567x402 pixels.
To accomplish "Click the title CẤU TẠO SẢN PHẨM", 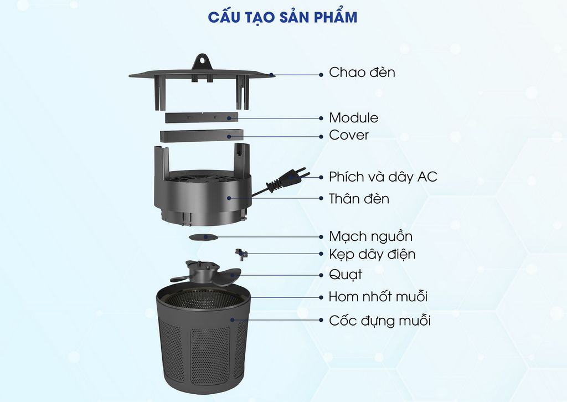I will click(x=283, y=17).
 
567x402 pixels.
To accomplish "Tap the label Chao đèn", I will click(x=362, y=73).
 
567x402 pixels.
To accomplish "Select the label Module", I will click(x=354, y=118).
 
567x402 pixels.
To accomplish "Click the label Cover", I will click(x=349, y=135).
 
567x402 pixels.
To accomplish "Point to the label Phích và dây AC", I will click(x=383, y=177).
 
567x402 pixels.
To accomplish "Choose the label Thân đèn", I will click(x=359, y=199).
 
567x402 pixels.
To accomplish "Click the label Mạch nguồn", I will click(x=370, y=236).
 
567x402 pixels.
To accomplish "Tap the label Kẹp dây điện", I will click(x=372, y=255).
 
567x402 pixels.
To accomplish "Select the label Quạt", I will click(x=346, y=275).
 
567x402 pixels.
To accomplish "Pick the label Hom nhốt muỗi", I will click(x=378, y=297).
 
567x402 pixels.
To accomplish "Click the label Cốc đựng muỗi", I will click(x=380, y=321).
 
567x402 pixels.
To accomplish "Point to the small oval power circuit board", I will click(x=203, y=236).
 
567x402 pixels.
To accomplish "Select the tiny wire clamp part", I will click(x=241, y=254).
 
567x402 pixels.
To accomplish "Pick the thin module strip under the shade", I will click(x=202, y=117).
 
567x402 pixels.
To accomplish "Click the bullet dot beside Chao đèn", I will click(x=322, y=73).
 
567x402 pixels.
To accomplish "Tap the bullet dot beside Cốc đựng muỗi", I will click(x=322, y=320).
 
